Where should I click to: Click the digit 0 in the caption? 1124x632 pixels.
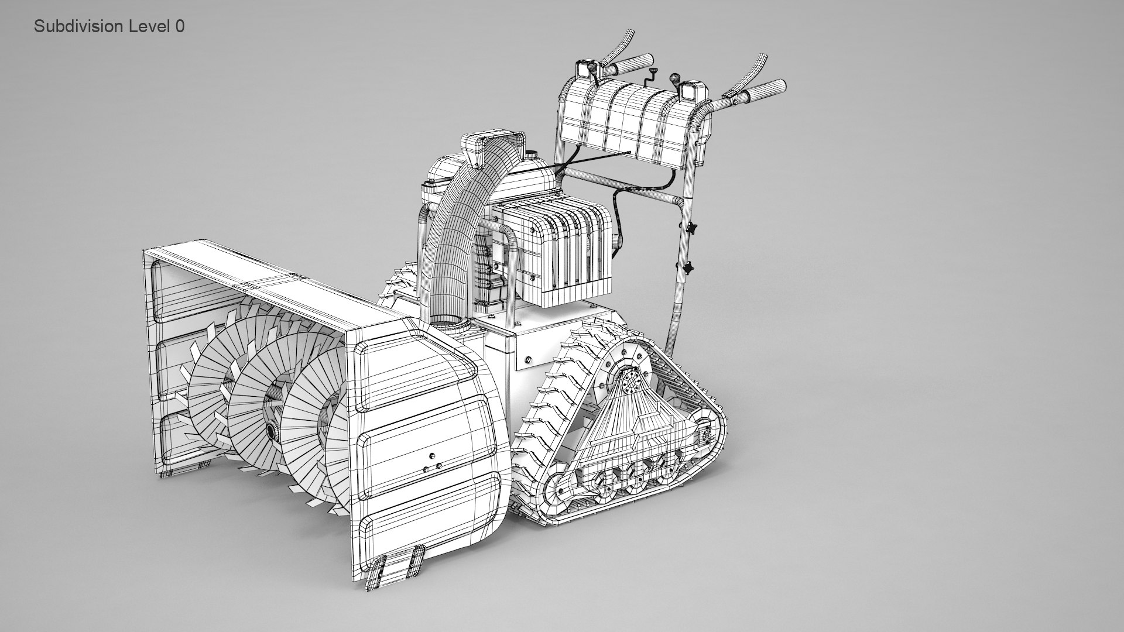[180, 26]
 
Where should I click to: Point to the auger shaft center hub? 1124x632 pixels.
[272, 431]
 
